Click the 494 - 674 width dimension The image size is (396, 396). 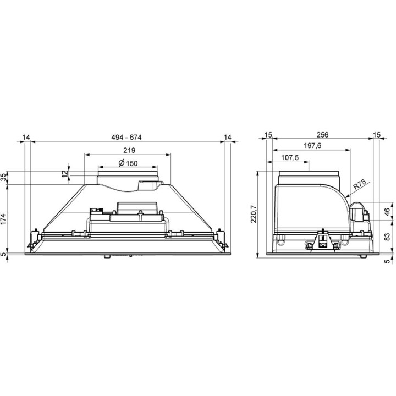coord(127,137)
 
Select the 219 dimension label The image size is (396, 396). coord(129,151)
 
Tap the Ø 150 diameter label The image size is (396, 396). coord(128,163)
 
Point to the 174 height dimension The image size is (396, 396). coord(3,219)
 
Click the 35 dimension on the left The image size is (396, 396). coord(3,177)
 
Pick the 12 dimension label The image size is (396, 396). coord(65,173)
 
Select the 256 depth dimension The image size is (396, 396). coord(322,135)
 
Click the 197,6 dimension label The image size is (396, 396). coord(312,146)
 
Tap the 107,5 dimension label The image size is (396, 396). coord(290,158)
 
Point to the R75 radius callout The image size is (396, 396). coord(359,185)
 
